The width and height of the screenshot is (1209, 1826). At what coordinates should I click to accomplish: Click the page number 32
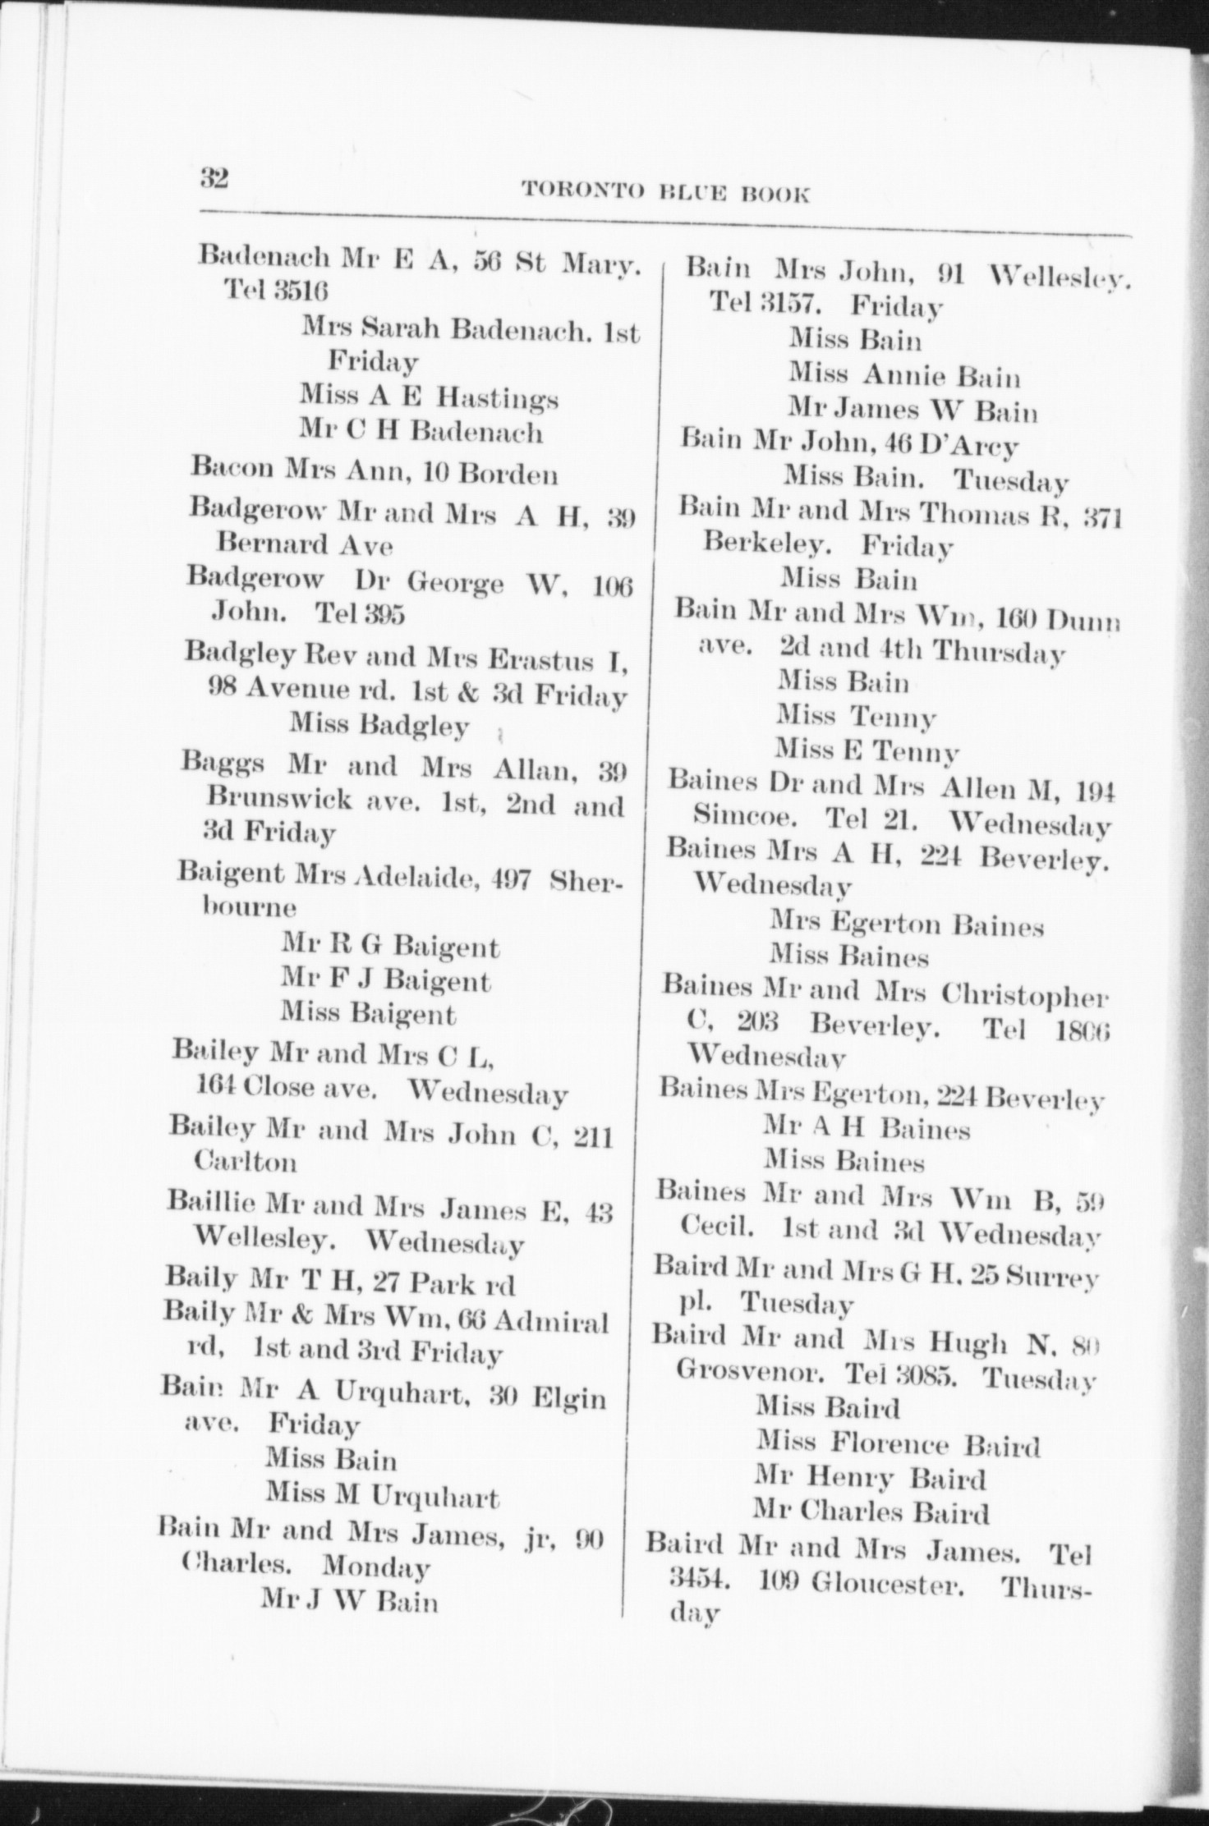coord(214,178)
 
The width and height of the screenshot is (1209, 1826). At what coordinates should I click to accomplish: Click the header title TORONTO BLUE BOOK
coord(665,193)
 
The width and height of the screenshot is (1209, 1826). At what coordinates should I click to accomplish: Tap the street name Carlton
coord(245,1162)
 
